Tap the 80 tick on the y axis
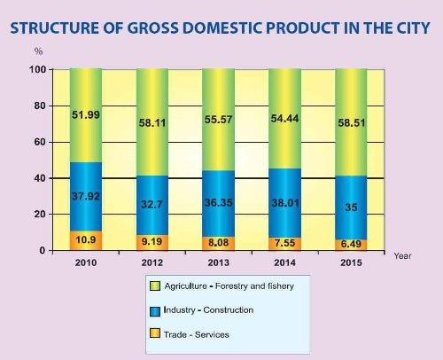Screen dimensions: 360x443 pyautogui.click(x=39, y=106)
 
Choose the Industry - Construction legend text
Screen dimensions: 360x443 pyautogui.click(x=208, y=309)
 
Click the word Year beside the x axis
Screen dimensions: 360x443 pyautogui.click(x=403, y=254)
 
